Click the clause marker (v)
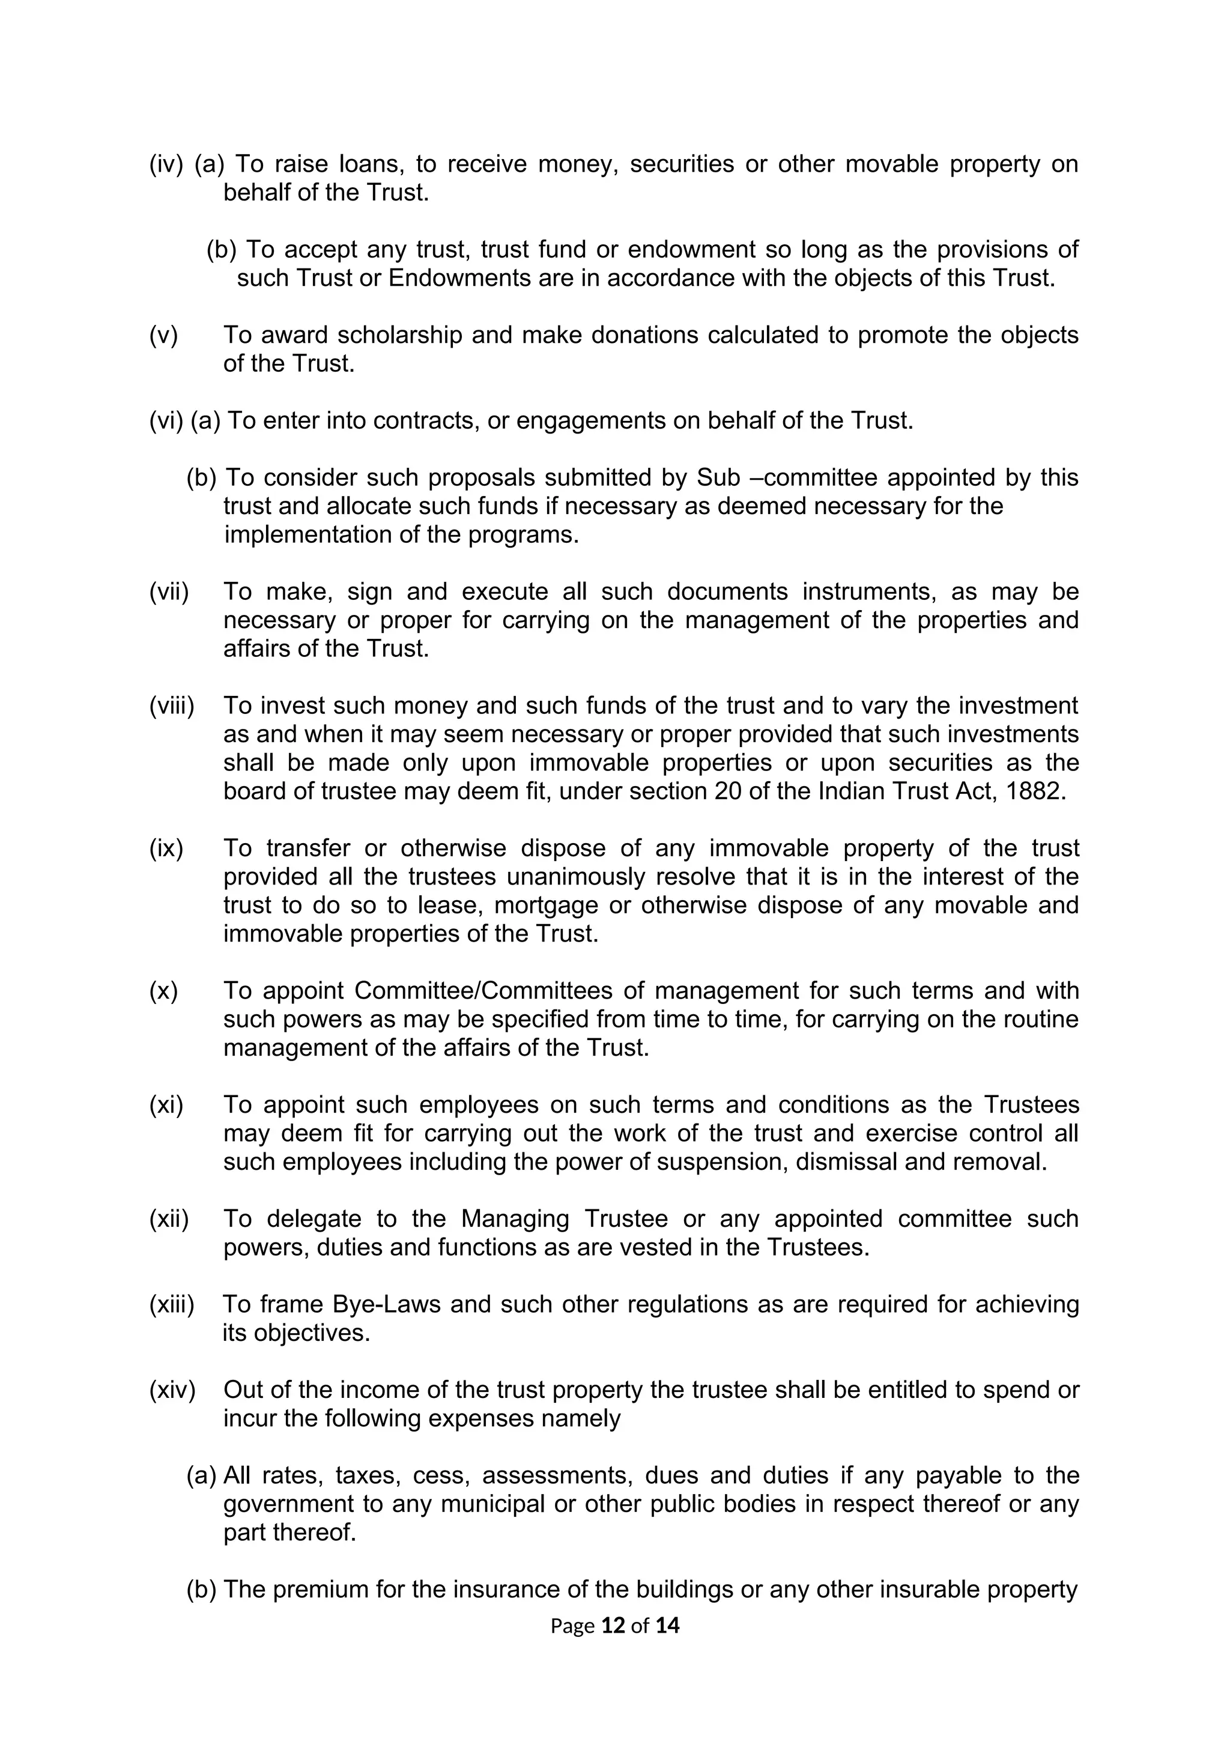pyautogui.click(x=163, y=335)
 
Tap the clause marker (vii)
pyautogui.click(x=169, y=591)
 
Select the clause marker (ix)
pyautogui.click(x=166, y=848)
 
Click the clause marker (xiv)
pyautogui.click(x=172, y=1390)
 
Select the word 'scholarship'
pyautogui.click(x=399, y=335)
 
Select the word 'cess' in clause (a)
pyautogui.click(x=439, y=1475)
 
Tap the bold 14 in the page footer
pyautogui.click(x=667, y=1626)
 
